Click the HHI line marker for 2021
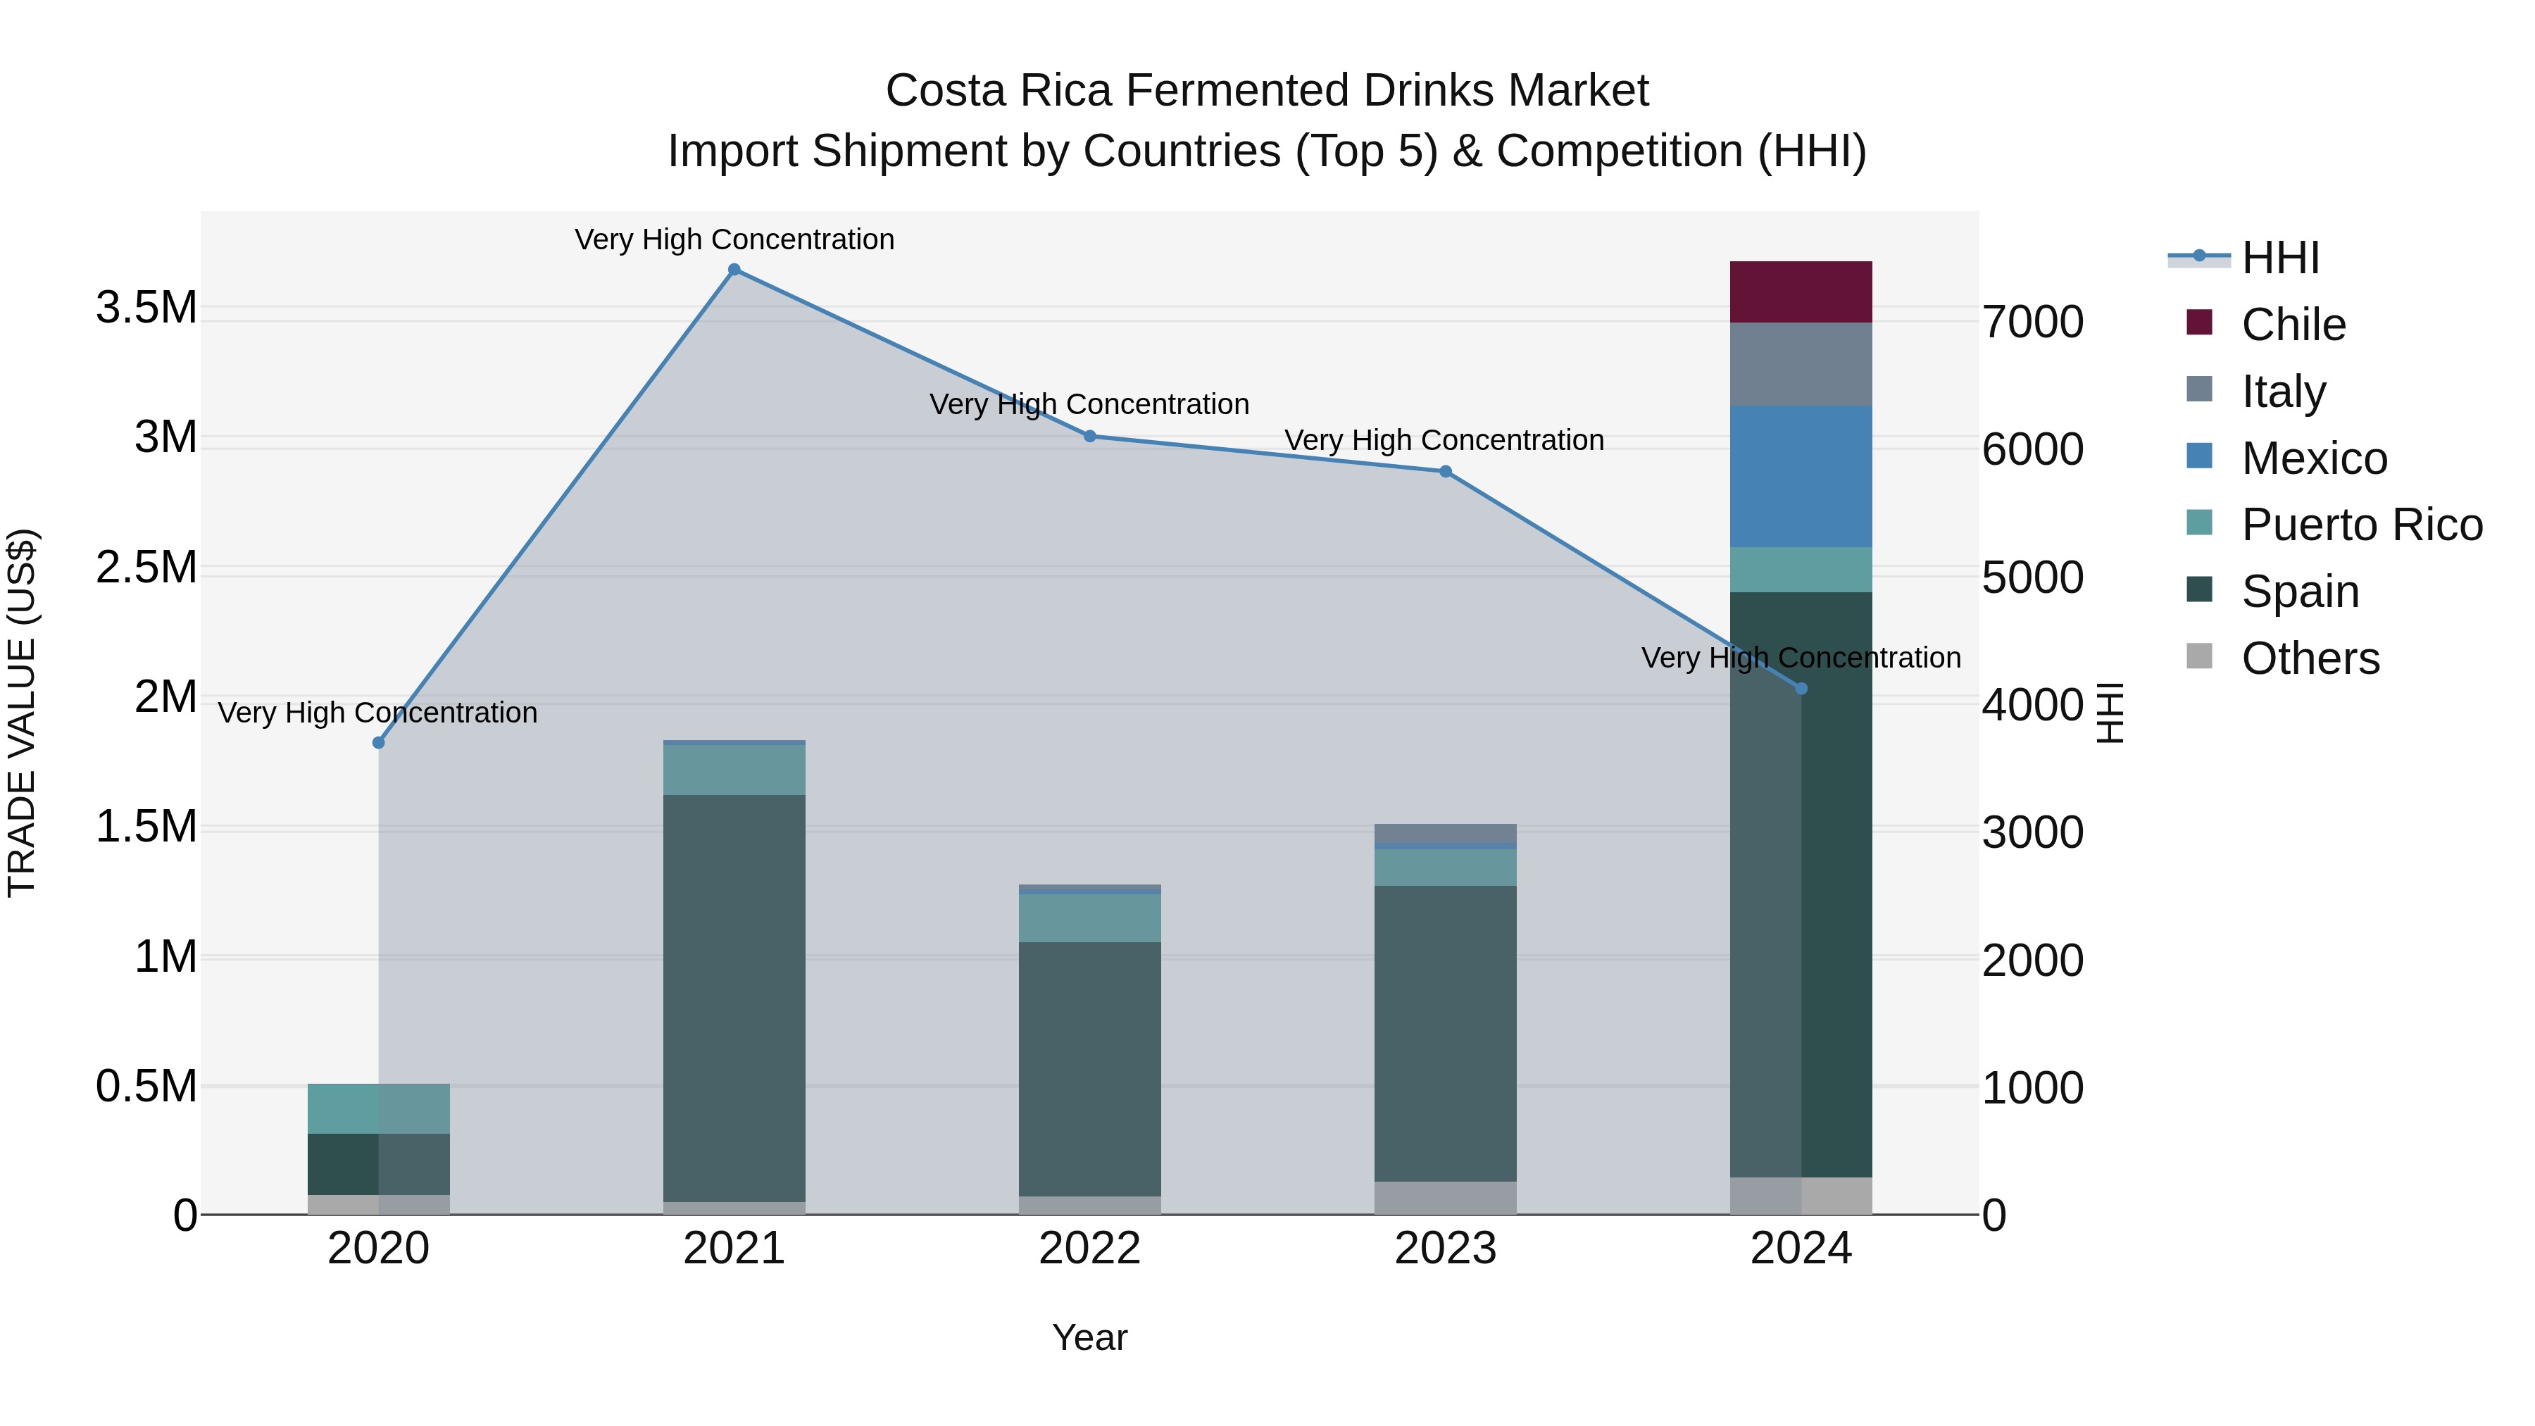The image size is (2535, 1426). point(734,270)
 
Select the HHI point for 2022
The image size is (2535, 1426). point(1089,436)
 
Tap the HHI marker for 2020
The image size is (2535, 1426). point(379,742)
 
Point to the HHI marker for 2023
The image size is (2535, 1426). point(1446,471)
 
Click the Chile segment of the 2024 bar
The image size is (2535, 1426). point(1801,292)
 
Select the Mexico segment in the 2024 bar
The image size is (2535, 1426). point(1801,476)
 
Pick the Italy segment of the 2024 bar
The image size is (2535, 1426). point(1801,364)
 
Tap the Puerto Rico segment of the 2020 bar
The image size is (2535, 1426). point(379,1108)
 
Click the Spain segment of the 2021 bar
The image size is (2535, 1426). point(734,998)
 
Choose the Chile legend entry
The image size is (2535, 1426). point(2293,325)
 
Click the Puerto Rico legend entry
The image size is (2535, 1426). point(2361,525)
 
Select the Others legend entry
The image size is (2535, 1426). point(2310,658)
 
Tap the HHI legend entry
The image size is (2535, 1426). point(2280,258)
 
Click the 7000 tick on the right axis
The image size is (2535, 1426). point(2032,322)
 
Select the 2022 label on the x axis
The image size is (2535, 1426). point(1089,1249)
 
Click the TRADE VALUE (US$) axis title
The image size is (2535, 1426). point(22,713)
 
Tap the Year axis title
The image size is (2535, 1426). point(1089,1337)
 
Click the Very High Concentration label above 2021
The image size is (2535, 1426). point(734,239)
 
